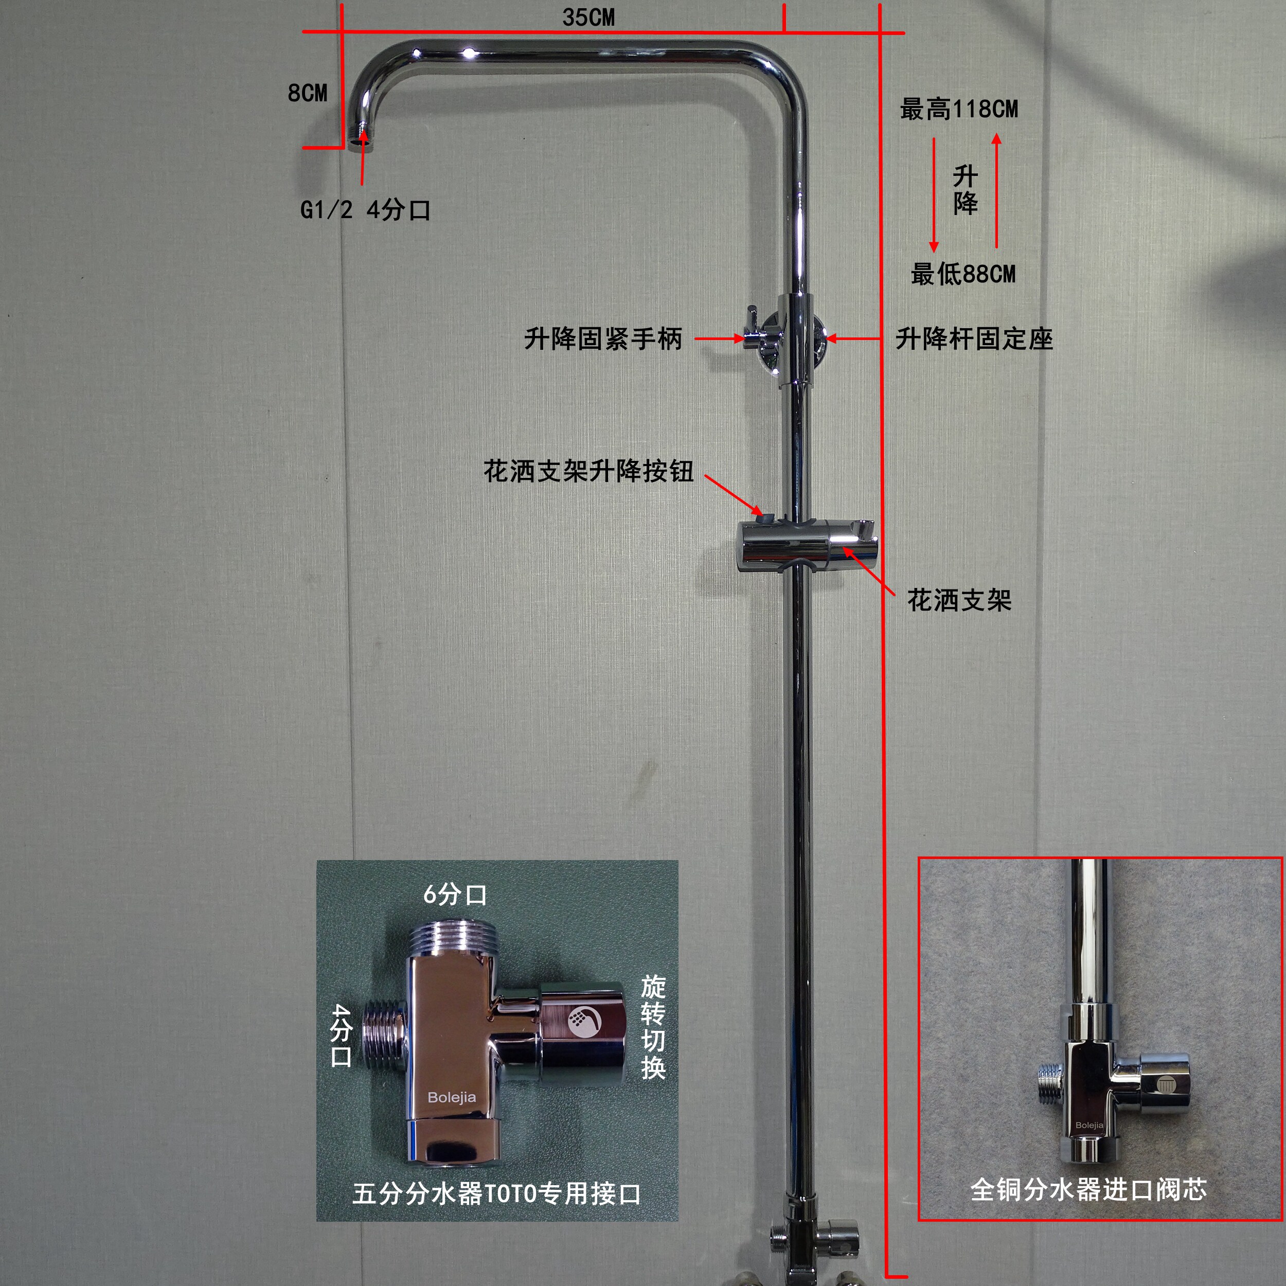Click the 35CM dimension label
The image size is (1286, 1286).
click(x=588, y=17)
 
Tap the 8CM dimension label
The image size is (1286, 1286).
click(x=308, y=93)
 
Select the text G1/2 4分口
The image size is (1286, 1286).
click(x=365, y=210)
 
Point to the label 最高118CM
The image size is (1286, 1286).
click(x=958, y=109)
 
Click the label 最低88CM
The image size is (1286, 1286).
click(x=962, y=274)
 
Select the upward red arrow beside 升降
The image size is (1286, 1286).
click(x=996, y=190)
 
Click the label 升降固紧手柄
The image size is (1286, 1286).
click(x=603, y=339)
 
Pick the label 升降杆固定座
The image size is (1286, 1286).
click(x=974, y=339)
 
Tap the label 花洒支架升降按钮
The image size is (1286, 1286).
click(x=588, y=471)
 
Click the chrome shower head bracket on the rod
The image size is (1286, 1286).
click(x=807, y=544)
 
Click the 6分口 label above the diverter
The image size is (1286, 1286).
click(x=455, y=895)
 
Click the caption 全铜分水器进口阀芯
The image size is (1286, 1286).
click(x=1088, y=1189)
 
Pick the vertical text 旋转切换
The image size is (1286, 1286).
click(x=653, y=1026)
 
